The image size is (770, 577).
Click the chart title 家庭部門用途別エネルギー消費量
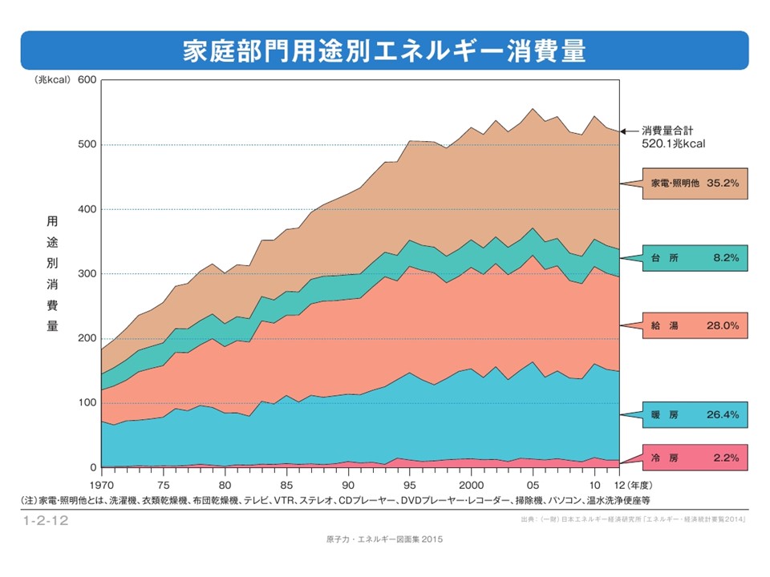pos(384,50)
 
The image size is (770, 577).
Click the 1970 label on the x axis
pos(103,486)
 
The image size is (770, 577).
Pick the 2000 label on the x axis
pos(471,486)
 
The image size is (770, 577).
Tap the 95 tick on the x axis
pos(410,486)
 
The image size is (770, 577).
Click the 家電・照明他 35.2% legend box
pos(695,183)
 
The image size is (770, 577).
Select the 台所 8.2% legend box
pos(695,258)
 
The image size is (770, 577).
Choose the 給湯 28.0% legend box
pos(695,327)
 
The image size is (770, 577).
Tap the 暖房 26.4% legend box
pos(695,415)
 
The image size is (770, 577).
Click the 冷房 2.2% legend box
pos(695,458)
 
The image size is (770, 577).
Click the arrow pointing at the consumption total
pos(630,130)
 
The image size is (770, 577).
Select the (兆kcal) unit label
pos(52,80)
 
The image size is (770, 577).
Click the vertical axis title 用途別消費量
pos(52,274)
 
